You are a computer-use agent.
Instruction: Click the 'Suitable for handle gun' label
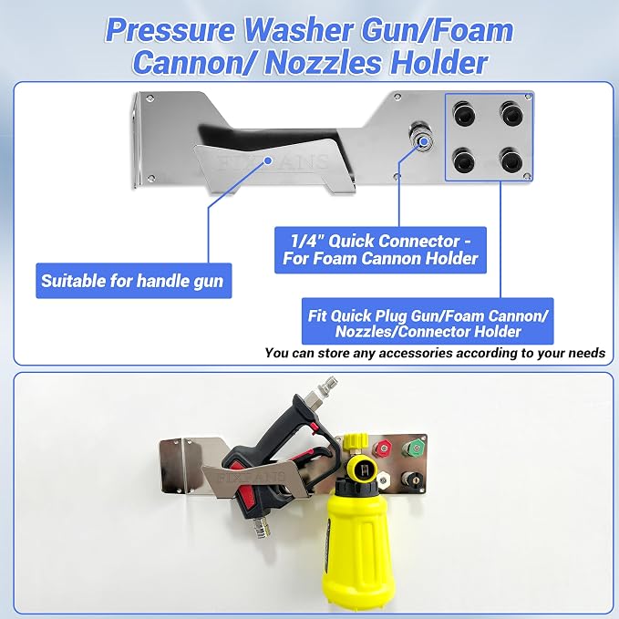click(x=133, y=281)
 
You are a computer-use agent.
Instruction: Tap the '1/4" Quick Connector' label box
click(x=380, y=250)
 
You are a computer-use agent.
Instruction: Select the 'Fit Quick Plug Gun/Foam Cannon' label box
click(x=428, y=321)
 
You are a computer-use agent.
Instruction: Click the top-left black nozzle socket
click(x=464, y=113)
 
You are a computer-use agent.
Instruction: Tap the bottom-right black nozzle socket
click(x=512, y=160)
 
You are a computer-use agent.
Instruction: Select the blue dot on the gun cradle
click(x=268, y=160)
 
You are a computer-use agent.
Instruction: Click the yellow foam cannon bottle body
click(x=356, y=542)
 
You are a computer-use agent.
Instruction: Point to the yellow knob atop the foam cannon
click(x=354, y=440)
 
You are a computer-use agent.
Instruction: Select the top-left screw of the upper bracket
click(x=150, y=98)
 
